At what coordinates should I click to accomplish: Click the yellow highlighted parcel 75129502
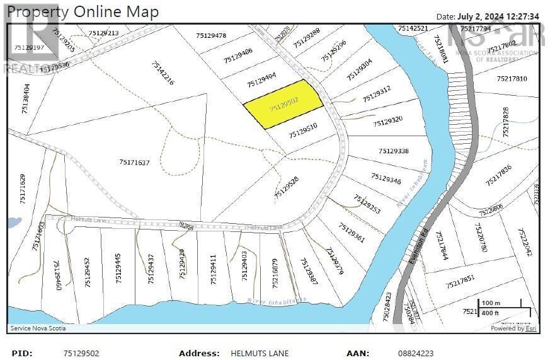click(x=283, y=104)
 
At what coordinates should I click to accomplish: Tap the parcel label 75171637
click(x=134, y=163)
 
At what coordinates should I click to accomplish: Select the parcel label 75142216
click(x=163, y=73)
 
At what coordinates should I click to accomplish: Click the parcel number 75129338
click(x=394, y=151)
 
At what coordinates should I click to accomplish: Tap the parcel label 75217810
click(x=512, y=79)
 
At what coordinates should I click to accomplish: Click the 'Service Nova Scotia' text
click(x=38, y=328)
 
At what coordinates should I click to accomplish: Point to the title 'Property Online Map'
click(x=83, y=11)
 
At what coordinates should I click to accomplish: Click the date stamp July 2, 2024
click(x=488, y=16)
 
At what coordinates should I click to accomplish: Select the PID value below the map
click(x=81, y=354)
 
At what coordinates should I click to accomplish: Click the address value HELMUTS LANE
click(x=260, y=354)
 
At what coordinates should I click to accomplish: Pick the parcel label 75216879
click(x=275, y=272)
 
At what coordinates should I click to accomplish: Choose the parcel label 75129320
click(x=387, y=120)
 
